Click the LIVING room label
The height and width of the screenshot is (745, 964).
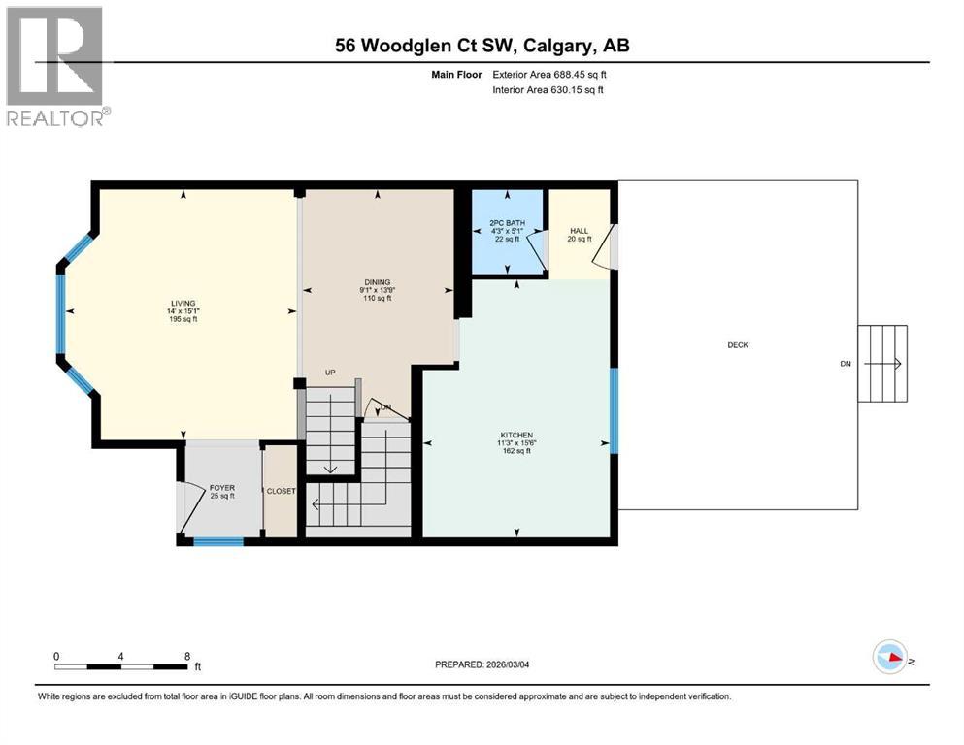183,303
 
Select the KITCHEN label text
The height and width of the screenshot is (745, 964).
516,435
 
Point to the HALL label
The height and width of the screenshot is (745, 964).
579,231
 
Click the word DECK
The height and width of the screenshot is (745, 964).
739,345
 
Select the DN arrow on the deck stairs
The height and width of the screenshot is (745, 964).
885,365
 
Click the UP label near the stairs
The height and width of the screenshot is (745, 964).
331,372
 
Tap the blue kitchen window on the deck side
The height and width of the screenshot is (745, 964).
614,410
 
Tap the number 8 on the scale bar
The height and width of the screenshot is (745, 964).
186,656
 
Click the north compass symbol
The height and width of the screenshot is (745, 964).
890,658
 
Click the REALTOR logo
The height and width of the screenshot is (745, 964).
56,67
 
